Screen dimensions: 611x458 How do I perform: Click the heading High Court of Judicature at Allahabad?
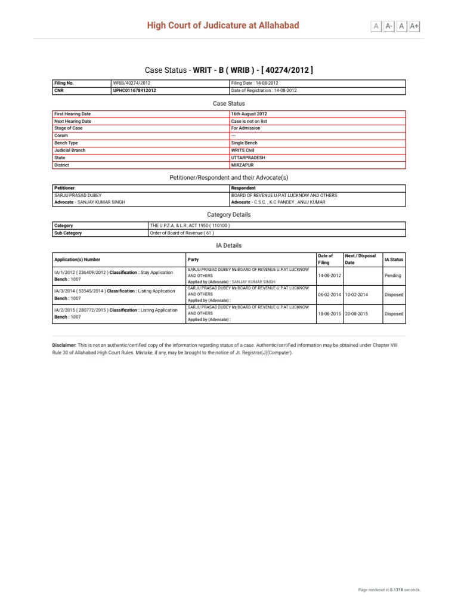click(x=224, y=25)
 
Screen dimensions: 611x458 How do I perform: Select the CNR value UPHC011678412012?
click(x=135, y=91)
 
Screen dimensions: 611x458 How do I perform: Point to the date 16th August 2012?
click(x=249, y=113)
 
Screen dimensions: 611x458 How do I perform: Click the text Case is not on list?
click(x=249, y=121)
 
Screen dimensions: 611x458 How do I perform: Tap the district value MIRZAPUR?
click(x=242, y=165)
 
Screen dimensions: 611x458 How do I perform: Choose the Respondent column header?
click(x=243, y=188)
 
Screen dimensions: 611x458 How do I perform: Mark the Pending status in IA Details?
click(x=392, y=276)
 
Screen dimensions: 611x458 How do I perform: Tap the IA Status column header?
click(x=394, y=260)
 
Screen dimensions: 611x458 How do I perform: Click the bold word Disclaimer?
click(x=64, y=345)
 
